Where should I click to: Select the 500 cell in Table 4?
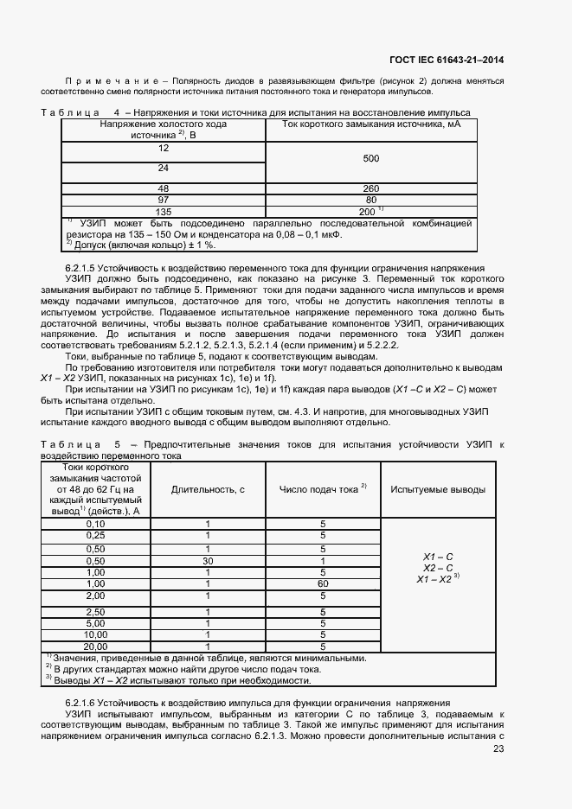(370, 158)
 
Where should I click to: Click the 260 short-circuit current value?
(370, 188)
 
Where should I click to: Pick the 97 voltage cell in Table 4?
(163, 199)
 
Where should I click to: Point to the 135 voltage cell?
(163, 210)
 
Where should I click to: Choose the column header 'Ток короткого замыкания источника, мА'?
(370, 124)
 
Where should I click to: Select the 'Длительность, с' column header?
(208, 489)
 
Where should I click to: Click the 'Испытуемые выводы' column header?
(437, 489)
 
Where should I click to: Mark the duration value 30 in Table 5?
(208, 560)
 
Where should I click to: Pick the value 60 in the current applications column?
(323, 584)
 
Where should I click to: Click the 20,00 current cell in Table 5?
(95, 645)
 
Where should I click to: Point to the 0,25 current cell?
(95, 535)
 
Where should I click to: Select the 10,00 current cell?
(95, 634)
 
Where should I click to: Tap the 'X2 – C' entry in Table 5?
(438, 567)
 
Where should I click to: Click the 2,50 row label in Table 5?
(95, 611)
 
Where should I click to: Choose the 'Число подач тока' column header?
(323, 489)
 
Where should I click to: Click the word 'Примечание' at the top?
(116, 80)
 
